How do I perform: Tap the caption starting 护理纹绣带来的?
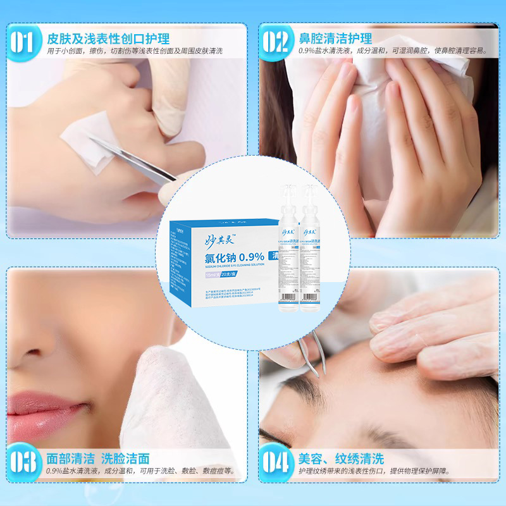(379, 471)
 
